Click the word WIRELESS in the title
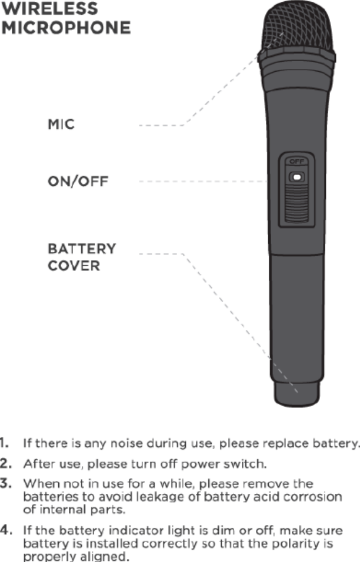49,9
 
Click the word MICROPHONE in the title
65,28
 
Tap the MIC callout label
61,125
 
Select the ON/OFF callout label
78,182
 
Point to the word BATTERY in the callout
82,248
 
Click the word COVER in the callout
74,266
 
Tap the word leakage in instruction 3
179,497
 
